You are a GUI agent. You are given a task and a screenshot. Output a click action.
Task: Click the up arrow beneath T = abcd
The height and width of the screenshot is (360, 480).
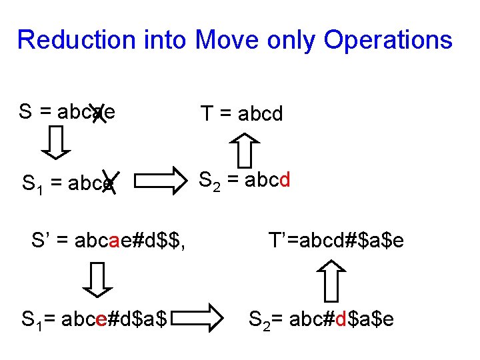pyautogui.click(x=246, y=149)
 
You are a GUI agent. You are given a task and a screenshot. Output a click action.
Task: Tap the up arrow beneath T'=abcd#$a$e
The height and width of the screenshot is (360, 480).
pyautogui.click(x=331, y=280)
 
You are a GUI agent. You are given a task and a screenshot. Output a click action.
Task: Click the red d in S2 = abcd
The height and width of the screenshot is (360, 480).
pyautogui.click(x=284, y=181)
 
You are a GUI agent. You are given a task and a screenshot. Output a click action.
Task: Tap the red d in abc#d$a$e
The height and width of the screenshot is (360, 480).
pyautogui.click(x=339, y=319)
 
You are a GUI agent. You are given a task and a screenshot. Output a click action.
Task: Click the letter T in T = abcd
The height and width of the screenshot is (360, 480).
pyautogui.click(x=207, y=114)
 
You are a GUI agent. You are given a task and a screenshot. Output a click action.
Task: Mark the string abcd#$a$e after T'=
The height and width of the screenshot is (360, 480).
pyautogui.click(x=352, y=239)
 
